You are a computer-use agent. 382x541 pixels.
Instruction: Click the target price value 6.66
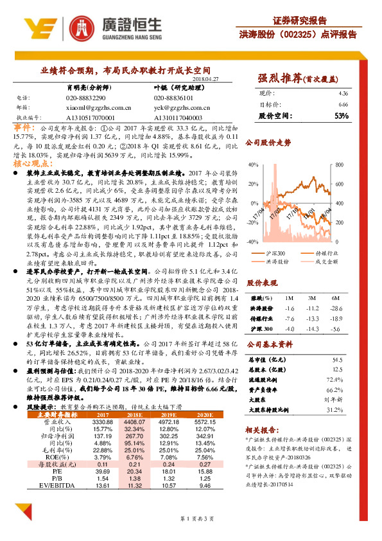(343, 103)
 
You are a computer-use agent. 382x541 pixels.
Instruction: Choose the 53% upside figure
(342, 116)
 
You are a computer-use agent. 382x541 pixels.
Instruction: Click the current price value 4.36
(343, 94)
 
